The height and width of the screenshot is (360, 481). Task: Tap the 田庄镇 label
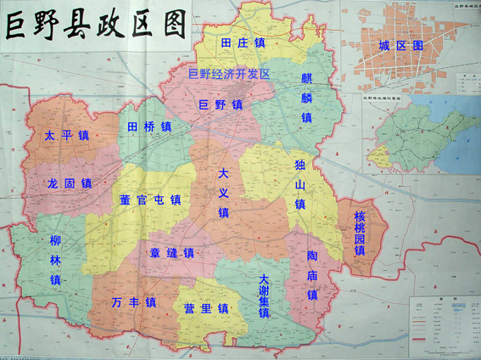(243, 42)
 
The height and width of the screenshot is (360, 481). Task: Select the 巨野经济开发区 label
(228, 75)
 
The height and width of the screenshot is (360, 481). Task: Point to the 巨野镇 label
(220, 105)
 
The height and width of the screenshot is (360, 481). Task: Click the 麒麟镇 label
(306, 97)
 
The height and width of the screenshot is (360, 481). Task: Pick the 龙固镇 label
(69, 183)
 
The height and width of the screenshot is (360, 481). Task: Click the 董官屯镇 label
(151, 200)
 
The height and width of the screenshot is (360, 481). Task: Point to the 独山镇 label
(299, 184)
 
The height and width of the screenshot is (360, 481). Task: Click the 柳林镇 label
(55, 259)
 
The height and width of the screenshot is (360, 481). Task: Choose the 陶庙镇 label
(311, 274)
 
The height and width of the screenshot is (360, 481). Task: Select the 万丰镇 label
(133, 302)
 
